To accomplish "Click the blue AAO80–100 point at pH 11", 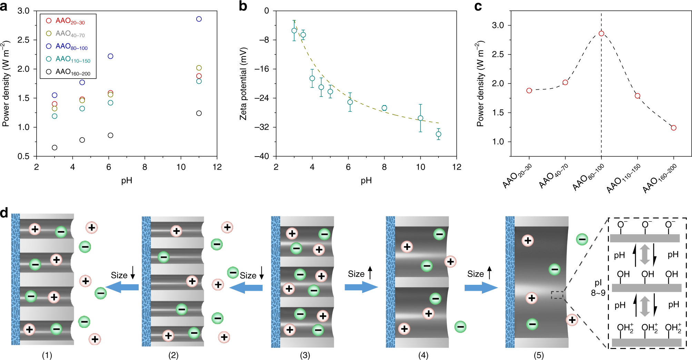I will (x=199, y=19).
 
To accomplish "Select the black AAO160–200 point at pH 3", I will (x=55, y=148).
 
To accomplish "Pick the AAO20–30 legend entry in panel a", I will (x=66, y=21).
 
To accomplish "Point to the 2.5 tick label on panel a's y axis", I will (x=23, y=40).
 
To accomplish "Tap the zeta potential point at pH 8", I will (x=384, y=108).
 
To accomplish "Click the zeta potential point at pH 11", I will (x=438, y=134).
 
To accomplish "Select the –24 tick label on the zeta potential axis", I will (x=261, y=98).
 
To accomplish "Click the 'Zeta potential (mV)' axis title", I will (x=243, y=84).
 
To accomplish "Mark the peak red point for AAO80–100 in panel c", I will (x=601, y=33).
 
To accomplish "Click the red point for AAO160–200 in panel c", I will (x=674, y=128).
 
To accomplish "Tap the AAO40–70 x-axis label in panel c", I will (x=553, y=176).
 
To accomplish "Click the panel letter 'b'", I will (x=243, y=6).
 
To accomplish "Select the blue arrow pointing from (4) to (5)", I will (x=481, y=288).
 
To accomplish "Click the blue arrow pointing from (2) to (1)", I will (x=122, y=287).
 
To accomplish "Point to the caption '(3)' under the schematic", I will (x=305, y=355).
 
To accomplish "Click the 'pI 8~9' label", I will (x=598, y=288).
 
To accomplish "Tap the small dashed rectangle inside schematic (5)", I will (x=557, y=295).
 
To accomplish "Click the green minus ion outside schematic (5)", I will (x=582, y=239).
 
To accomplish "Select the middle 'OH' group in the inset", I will (x=647, y=274).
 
